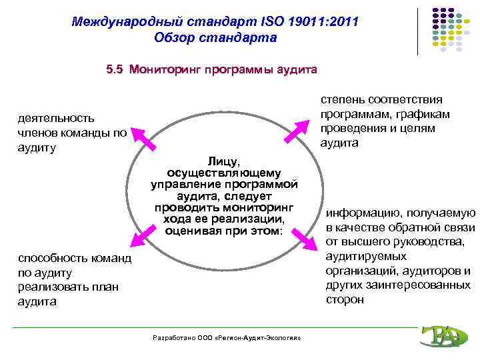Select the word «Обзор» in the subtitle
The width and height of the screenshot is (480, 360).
point(175,38)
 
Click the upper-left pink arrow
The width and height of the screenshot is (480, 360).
point(141,135)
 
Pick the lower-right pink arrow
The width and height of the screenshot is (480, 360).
point(305,239)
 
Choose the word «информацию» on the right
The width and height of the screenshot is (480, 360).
point(363,213)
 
